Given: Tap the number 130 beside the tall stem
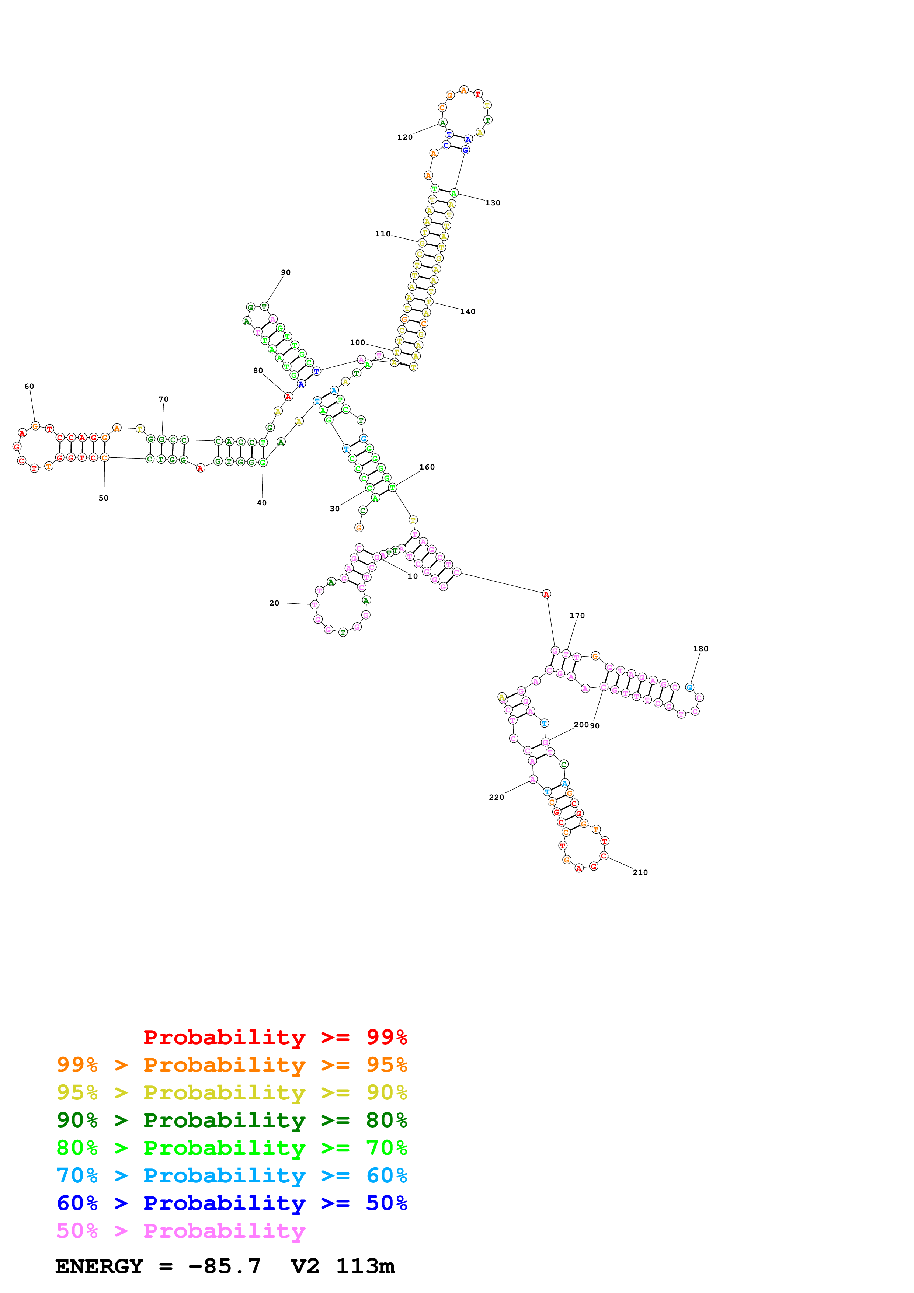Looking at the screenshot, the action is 493,203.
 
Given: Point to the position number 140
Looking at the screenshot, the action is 468,311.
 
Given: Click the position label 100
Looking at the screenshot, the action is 358,342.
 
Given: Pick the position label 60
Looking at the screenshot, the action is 29,386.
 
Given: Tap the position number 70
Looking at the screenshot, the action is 163,399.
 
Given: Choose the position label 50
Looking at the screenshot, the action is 104,498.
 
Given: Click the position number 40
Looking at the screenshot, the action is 262,503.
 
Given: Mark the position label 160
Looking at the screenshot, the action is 427,467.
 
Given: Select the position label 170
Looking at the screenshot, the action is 577,616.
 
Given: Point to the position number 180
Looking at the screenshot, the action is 701,649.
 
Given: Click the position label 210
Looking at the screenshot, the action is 640,872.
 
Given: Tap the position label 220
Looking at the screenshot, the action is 496,797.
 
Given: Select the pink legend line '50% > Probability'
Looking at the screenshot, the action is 181,1231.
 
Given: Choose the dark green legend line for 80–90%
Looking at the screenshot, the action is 232,1120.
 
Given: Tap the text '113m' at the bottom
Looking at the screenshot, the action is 365,1266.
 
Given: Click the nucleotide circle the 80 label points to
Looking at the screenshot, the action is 288,397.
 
